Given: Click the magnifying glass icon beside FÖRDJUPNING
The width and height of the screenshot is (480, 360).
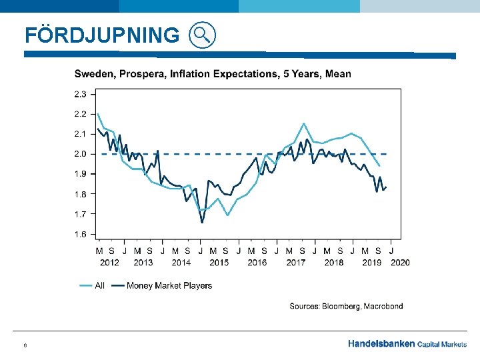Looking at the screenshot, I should pos(203,35).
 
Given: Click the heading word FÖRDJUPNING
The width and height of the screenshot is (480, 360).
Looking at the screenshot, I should pos(102,35).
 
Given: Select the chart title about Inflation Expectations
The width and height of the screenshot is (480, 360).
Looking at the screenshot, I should pos(212,73).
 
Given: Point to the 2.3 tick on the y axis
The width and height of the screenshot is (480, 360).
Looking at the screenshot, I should pos(80,93).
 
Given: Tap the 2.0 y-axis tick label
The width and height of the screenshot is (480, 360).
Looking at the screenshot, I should pos(80,153).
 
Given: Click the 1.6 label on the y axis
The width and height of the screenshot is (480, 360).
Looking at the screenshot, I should pos(80,234).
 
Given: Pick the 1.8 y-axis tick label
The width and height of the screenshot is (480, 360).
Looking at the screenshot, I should pos(80,194).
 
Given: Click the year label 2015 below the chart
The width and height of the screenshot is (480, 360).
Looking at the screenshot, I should pos(219,262).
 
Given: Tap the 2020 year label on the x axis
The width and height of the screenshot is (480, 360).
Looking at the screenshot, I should pos(400,262).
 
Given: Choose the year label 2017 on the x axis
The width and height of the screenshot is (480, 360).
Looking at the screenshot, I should pos(295,262).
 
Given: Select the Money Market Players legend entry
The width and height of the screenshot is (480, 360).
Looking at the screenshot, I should pos(169,285).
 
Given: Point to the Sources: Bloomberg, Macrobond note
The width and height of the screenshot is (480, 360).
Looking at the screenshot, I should pos(346,306).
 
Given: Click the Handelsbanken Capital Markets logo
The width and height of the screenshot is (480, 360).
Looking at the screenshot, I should pos(407,344).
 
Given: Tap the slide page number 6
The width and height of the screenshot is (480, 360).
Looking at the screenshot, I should pos(25,345).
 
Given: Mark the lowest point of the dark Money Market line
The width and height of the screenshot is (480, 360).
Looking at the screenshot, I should pos(202,222).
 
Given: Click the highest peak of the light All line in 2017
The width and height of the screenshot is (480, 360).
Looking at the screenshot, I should pos(303,123).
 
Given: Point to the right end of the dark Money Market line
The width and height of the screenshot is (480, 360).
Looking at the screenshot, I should pos(386,187).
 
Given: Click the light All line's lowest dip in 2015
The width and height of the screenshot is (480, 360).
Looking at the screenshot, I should pos(227,215).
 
